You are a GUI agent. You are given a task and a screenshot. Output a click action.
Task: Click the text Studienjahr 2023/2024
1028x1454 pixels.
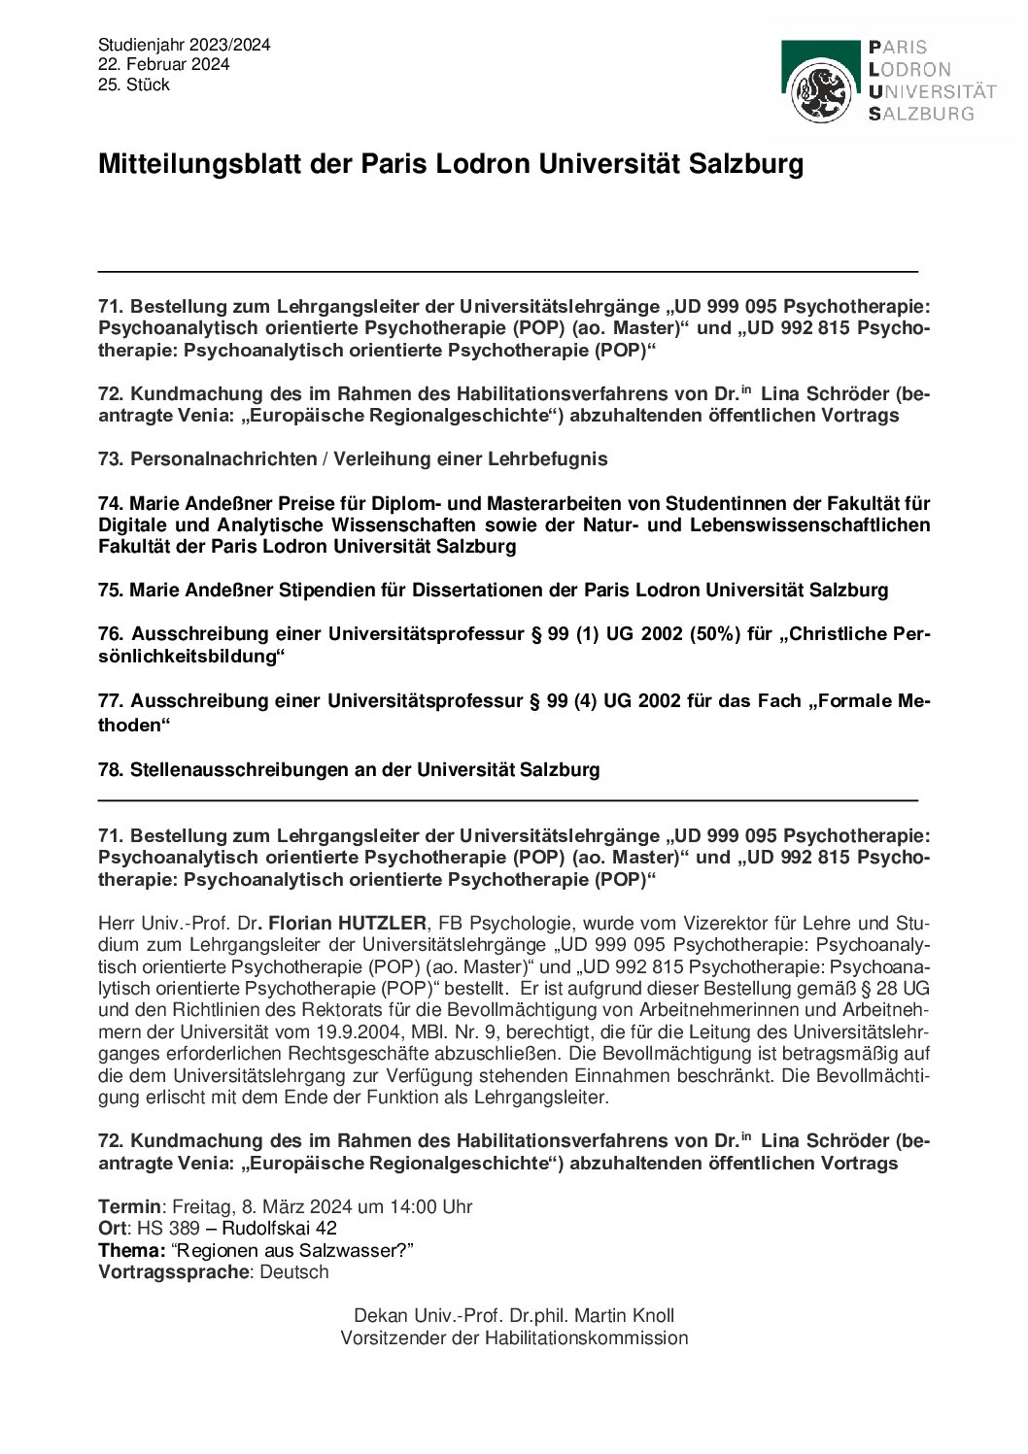(184, 45)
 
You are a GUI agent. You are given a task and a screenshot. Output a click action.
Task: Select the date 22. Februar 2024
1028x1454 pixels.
(163, 64)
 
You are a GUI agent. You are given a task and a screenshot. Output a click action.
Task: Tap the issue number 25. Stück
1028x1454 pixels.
(134, 85)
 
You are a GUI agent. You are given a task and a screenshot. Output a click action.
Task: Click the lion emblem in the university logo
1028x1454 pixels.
(822, 90)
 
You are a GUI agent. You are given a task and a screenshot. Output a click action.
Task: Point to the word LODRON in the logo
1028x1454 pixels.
(909, 69)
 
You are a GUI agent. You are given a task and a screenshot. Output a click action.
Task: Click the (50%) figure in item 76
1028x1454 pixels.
(715, 634)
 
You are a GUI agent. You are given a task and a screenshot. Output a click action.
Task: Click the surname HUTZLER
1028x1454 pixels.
(382, 923)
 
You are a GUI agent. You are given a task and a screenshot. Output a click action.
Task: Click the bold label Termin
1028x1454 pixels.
(129, 1206)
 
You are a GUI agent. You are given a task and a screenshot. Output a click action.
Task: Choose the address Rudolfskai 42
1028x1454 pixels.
(280, 1228)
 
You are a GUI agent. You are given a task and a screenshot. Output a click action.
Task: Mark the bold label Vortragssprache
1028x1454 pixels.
(173, 1271)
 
